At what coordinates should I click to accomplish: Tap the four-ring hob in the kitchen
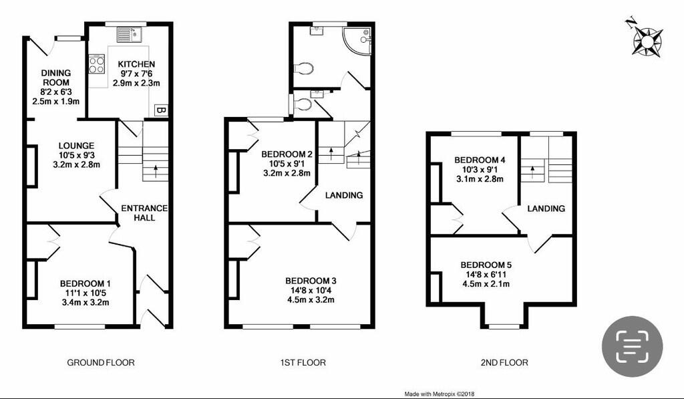click(x=96, y=64)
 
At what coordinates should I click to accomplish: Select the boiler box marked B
click(x=161, y=110)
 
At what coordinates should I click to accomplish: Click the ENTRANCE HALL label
click(x=144, y=213)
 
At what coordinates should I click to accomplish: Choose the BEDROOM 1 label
click(x=84, y=283)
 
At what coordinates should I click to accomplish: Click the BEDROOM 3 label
click(x=310, y=281)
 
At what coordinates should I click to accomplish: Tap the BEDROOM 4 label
click(x=479, y=160)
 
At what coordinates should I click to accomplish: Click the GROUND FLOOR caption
click(x=101, y=363)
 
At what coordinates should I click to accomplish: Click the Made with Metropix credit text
click(x=440, y=394)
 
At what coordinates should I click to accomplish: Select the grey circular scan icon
click(x=632, y=346)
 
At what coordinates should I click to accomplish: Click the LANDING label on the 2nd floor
click(x=546, y=209)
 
